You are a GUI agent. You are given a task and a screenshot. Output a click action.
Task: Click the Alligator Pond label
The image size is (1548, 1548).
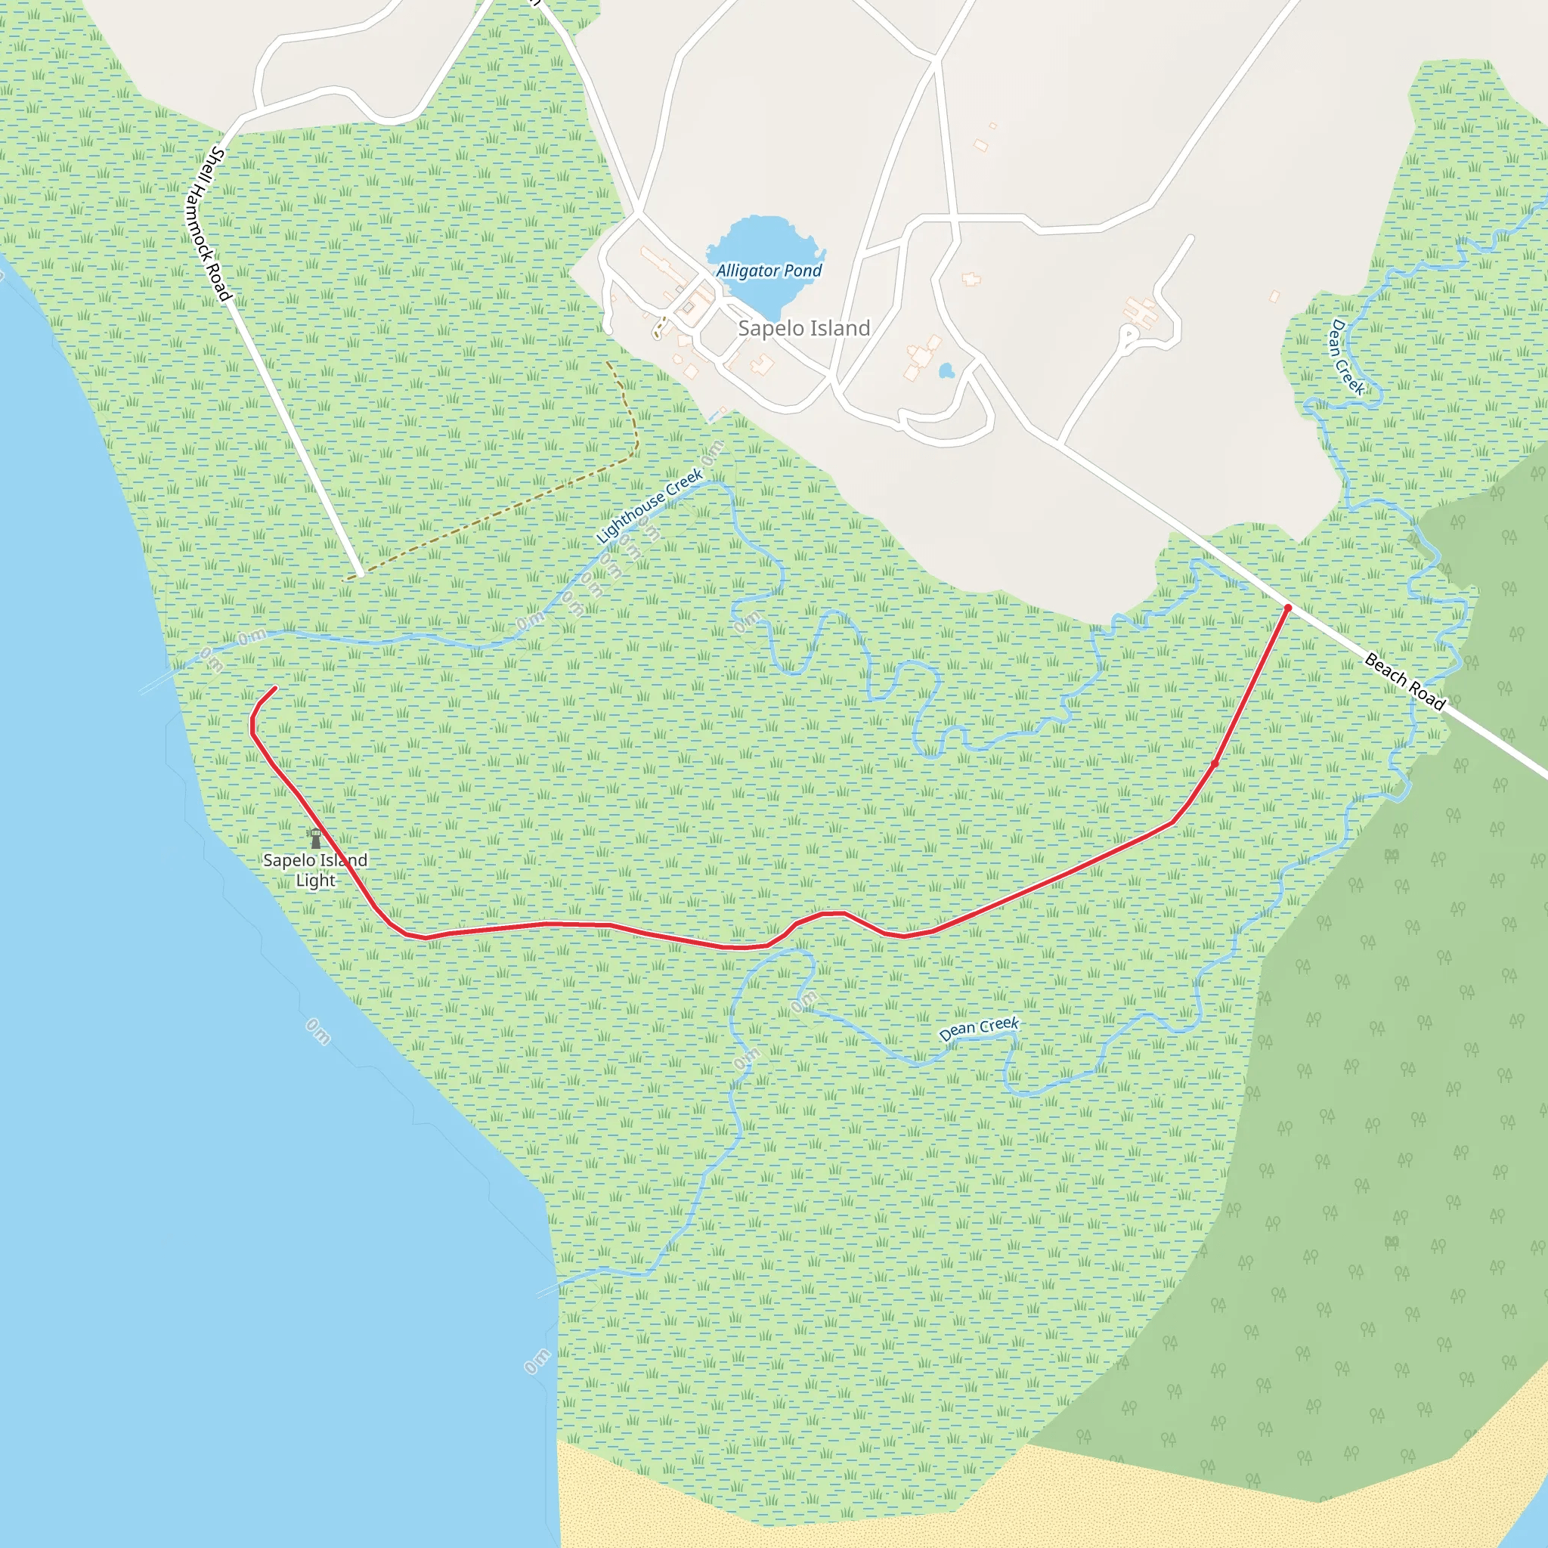769,271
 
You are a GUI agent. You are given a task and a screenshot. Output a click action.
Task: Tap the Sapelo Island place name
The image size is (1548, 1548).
803,329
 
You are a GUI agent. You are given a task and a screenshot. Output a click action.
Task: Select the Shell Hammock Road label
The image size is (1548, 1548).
209,224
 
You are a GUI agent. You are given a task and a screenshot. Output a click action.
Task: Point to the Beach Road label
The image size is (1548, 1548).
1404,681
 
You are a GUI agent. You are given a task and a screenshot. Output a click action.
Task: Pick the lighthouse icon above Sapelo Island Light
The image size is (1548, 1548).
315,839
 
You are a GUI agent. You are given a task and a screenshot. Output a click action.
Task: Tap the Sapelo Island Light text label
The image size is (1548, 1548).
315,870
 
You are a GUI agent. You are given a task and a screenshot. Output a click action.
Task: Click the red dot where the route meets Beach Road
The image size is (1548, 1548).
1287,608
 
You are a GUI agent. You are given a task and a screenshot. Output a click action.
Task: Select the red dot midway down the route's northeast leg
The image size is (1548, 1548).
1215,763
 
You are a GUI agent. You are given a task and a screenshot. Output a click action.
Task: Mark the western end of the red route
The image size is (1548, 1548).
275,688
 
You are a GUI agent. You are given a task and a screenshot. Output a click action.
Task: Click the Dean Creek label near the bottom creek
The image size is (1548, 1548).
978,1029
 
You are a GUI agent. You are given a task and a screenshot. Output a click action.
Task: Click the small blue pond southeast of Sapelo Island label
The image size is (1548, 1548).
946,371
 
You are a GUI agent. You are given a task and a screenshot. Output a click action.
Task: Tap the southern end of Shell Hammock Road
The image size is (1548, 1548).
360,573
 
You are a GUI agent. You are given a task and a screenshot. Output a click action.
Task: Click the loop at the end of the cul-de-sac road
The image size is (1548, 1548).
1129,334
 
